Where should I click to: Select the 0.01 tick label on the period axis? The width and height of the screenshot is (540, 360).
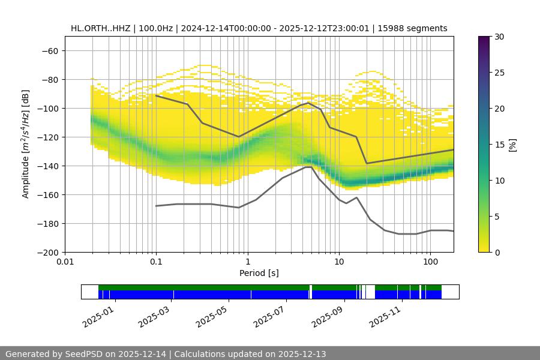click(65, 262)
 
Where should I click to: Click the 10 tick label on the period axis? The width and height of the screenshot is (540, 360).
click(339, 262)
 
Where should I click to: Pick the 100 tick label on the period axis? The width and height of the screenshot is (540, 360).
click(430, 262)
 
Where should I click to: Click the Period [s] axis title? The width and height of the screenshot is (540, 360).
click(259, 273)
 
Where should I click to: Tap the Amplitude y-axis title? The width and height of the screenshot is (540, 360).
click(26, 144)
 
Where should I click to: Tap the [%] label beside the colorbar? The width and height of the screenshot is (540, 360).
click(512, 144)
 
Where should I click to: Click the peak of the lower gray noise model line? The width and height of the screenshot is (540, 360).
click(308, 167)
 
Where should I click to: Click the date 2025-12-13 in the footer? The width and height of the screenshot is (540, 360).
click(302, 354)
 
